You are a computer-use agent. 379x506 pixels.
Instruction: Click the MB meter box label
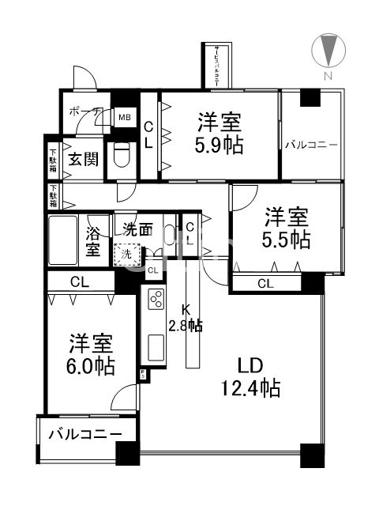(124, 119)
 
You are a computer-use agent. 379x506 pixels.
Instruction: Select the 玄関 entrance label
(82, 159)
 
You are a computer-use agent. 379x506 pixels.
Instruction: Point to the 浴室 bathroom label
(93, 240)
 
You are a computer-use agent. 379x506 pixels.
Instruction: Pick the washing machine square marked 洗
(125, 255)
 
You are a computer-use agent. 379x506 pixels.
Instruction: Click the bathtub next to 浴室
(62, 241)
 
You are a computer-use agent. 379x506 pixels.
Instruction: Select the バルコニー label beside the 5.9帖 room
(311, 145)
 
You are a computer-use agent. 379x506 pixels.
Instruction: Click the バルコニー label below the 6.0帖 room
(85, 434)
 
